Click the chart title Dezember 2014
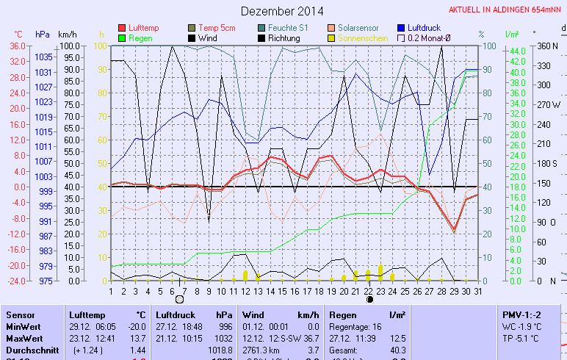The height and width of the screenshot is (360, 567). (x=282, y=11)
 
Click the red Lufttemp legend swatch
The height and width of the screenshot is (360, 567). (x=122, y=27)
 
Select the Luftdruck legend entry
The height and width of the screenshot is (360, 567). (x=425, y=27)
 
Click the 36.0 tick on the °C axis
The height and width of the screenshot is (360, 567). (x=18, y=46)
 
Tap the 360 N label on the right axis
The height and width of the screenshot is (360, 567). (x=548, y=46)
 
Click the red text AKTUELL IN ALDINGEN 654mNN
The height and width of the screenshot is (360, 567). (x=507, y=10)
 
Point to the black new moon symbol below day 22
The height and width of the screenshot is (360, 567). (x=369, y=299)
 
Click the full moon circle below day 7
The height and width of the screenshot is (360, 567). (x=180, y=299)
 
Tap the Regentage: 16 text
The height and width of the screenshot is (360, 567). (x=356, y=326)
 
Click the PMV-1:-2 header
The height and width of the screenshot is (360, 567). (x=521, y=314)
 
